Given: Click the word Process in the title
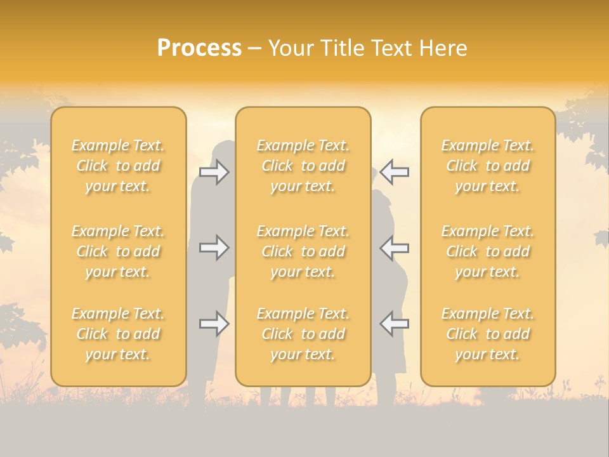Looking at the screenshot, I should pyautogui.click(x=199, y=48).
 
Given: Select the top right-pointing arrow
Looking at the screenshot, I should pyautogui.click(x=214, y=172).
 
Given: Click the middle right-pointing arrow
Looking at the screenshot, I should pyautogui.click(x=214, y=247).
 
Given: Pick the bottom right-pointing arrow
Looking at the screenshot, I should pyautogui.click(x=214, y=324).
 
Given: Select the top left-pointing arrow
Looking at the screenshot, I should pyautogui.click(x=395, y=172).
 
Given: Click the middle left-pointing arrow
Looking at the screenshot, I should pyautogui.click(x=395, y=247).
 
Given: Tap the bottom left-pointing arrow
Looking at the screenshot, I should pyautogui.click(x=395, y=324).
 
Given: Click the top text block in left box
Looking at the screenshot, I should pyautogui.click(x=118, y=166).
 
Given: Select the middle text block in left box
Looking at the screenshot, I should pyautogui.click(x=118, y=251).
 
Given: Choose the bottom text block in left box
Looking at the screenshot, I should pyautogui.click(x=118, y=334).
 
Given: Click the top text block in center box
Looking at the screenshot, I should pyautogui.click(x=303, y=166).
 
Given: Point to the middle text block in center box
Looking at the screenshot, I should pyautogui.click(x=303, y=251).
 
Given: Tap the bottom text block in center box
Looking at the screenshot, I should pyautogui.click(x=303, y=334).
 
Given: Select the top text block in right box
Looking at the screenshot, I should pyautogui.click(x=488, y=166).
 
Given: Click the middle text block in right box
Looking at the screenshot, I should pyautogui.click(x=488, y=251).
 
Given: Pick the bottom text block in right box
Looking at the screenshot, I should pyautogui.click(x=488, y=334).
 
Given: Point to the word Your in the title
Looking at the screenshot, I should pyautogui.click(x=291, y=48).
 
